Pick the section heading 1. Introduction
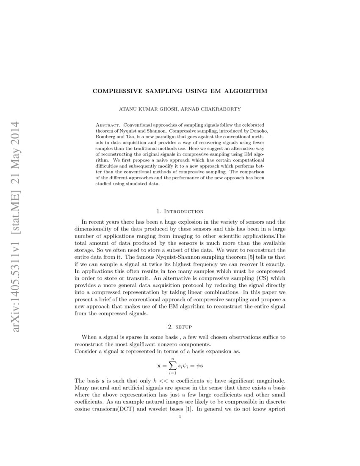coord(180,211)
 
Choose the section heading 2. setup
coord(180,327)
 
